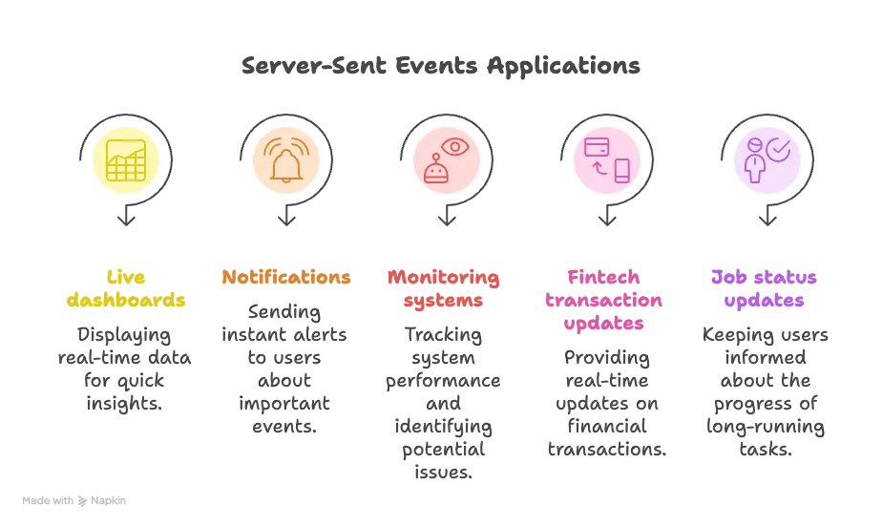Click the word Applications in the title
(x=563, y=67)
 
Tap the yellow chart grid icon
(x=126, y=160)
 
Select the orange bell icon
(x=286, y=160)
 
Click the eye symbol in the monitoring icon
(x=455, y=147)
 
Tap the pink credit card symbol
(x=597, y=147)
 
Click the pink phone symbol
(x=621, y=171)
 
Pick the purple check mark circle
(x=779, y=150)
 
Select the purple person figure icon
(x=755, y=161)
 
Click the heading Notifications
(x=286, y=277)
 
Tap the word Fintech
(x=603, y=277)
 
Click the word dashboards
(x=126, y=300)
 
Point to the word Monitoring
(x=443, y=277)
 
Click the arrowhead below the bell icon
(x=287, y=219)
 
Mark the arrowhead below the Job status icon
(x=767, y=219)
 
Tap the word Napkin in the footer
(x=108, y=500)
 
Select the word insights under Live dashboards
(x=124, y=403)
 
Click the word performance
(x=443, y=381)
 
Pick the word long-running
(x=766, y=427)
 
